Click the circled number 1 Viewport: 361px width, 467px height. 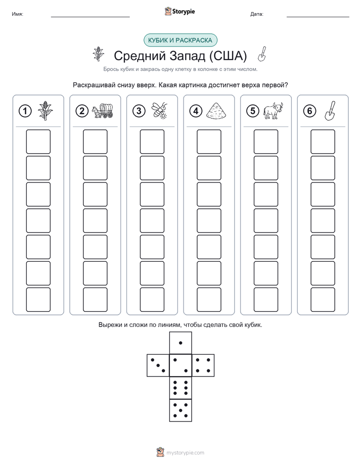25,111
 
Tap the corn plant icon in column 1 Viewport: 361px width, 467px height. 46,111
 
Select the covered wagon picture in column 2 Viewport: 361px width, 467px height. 103,111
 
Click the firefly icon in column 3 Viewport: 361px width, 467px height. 160,111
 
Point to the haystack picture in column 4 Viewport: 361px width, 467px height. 216,111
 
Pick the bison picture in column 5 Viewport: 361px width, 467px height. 273,111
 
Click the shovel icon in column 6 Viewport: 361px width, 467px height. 330,111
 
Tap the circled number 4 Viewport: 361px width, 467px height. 196,111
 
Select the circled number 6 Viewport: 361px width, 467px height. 309,111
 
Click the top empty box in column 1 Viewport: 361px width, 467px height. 38,142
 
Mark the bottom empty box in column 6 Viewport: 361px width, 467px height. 323,300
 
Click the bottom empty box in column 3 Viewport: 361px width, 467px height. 152,300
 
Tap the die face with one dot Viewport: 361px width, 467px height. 180,343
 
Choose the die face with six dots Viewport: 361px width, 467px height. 180,388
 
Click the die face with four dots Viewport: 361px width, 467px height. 203,365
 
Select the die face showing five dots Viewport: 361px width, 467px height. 180,410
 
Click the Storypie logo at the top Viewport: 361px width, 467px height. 179,12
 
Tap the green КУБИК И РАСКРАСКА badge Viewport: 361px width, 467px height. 180,40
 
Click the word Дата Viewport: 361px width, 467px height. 257,14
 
